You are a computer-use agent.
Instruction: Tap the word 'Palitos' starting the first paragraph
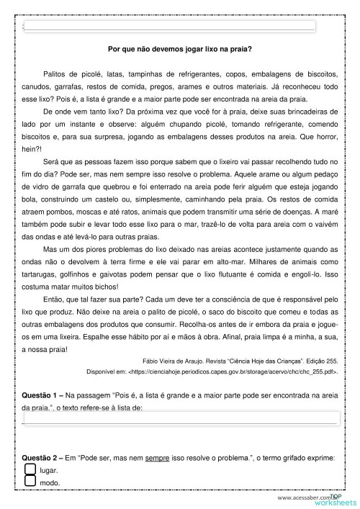(55, 74)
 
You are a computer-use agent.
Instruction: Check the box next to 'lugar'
(30, 469)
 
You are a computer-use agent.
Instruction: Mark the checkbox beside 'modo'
(30, 483)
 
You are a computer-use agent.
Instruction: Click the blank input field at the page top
(169, 25)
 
